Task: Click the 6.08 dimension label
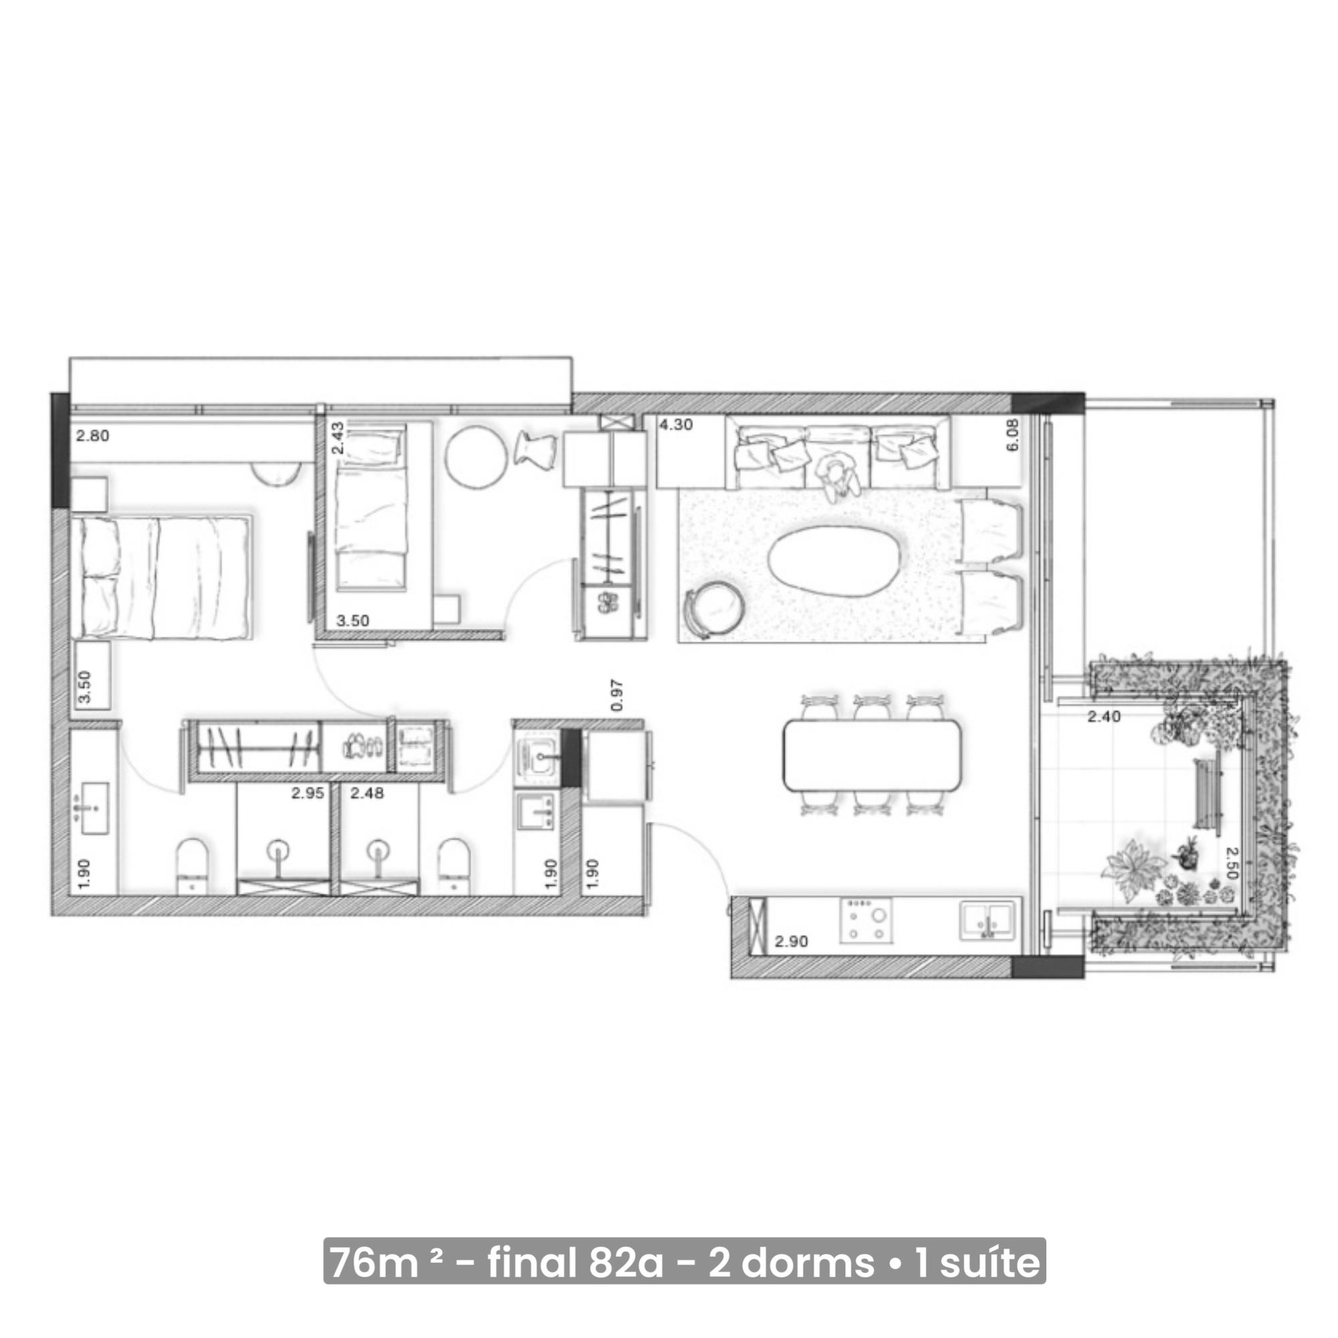1012,435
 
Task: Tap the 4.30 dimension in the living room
675,425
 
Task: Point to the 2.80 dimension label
92,436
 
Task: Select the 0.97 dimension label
617,695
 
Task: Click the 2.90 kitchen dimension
791,941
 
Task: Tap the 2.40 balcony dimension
1103,716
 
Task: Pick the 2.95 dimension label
308,793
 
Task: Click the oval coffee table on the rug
838,558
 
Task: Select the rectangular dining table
871,755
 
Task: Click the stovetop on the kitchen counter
866,921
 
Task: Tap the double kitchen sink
988,921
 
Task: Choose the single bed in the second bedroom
370,509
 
